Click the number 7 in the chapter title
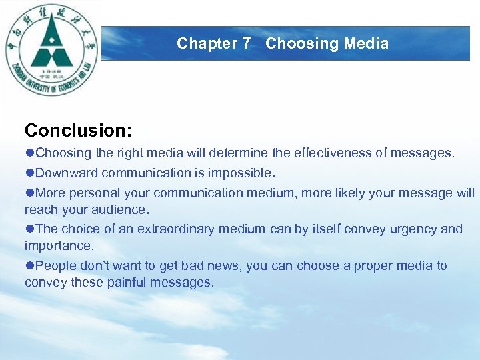[x=247, y=44]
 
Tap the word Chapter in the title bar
[x=207, y=44]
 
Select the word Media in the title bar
[x=366, y=44]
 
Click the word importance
[x=57, y=246]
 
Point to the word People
[x=55, y=266]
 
